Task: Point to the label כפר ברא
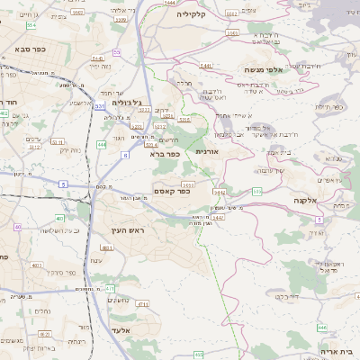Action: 166,154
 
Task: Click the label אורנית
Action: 208,151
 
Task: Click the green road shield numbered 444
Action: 102,143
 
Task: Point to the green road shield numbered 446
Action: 322,328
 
